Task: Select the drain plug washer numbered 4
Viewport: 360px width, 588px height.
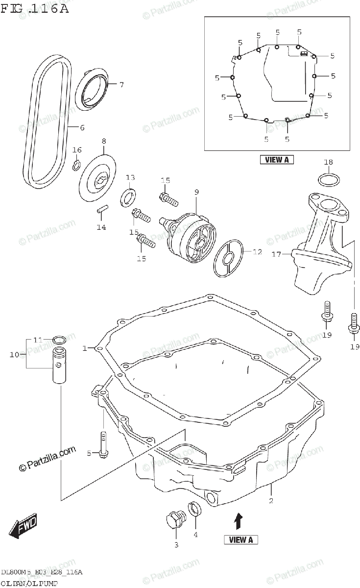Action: (194, 509)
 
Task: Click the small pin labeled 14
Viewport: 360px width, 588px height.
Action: (102, 209)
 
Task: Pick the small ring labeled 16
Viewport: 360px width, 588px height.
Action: (76, 165)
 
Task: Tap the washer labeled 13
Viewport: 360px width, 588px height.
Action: (129, 198)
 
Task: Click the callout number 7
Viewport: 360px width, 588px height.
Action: (121, 84)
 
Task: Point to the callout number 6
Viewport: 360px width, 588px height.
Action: (82, 128)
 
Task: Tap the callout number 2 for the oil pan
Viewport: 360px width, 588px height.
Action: (270, 501)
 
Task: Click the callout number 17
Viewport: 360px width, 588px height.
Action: (276, 254)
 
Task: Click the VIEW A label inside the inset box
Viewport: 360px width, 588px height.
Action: (277, 159)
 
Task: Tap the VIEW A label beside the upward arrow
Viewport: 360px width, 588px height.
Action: (241, 540)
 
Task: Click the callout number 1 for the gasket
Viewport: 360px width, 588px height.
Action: (85, 348)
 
